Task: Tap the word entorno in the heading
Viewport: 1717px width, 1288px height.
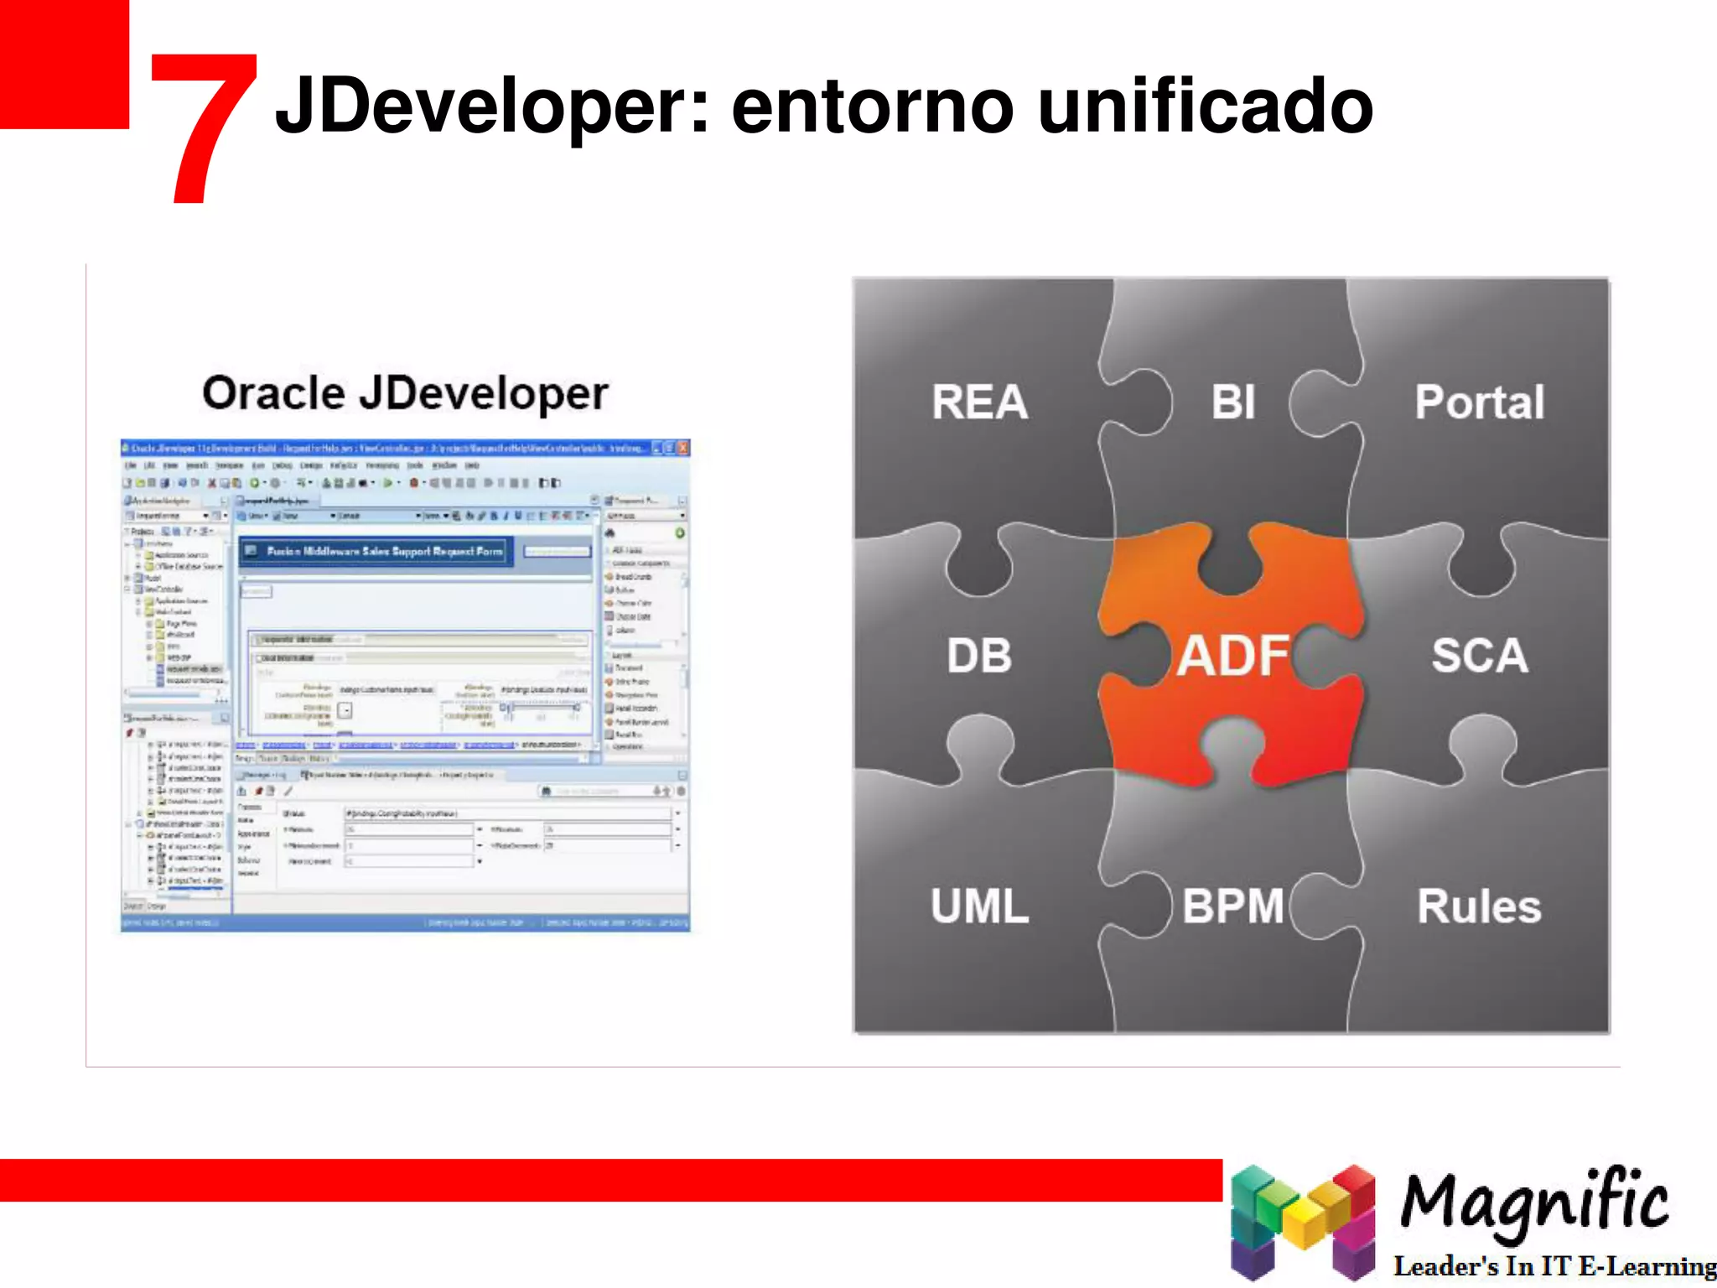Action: pyautogui.click(x=872, y=107)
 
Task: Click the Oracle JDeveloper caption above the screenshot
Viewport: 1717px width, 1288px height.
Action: pyautogui.click(x=405, y=392)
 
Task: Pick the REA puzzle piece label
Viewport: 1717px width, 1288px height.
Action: pyautogui.click(x=979, y=402)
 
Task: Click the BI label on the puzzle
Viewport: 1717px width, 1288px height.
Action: pyautogui.click(x=1232, y=402)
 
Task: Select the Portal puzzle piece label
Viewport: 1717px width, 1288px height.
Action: pyautogui.click(x=1479, y=402)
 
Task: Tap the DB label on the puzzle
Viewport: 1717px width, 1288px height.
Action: pyautogui.click(x=979, y=655)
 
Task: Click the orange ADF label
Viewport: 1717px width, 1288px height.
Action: pyautogui.click(x=1232, y=655)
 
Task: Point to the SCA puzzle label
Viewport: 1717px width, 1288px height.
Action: pyautogui.click(x=1479, y=655)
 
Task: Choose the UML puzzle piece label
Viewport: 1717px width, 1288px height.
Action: pyautogui.click(x=979, y=906)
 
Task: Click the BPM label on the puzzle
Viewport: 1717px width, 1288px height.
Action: pyautogui.click(x=1232, y=906)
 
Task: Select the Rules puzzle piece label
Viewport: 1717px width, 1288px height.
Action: pyautogui.click(x=1479, y=906)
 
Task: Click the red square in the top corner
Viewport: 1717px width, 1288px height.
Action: pyautogui.click(x=64, y=64)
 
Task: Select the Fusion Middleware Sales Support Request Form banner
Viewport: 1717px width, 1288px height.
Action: pyautogui.click(x=375, y=551)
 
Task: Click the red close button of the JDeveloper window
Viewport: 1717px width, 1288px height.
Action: pyautogui.click(x=683, y=448)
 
